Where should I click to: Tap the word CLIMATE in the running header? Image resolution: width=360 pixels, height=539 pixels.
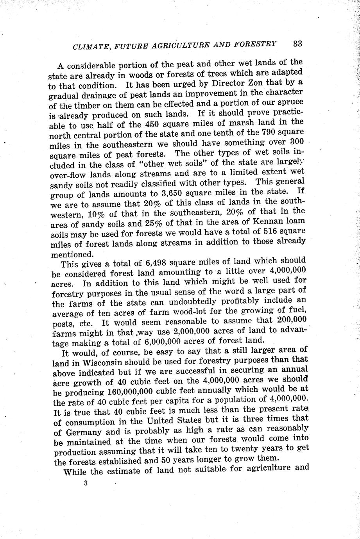90,47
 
